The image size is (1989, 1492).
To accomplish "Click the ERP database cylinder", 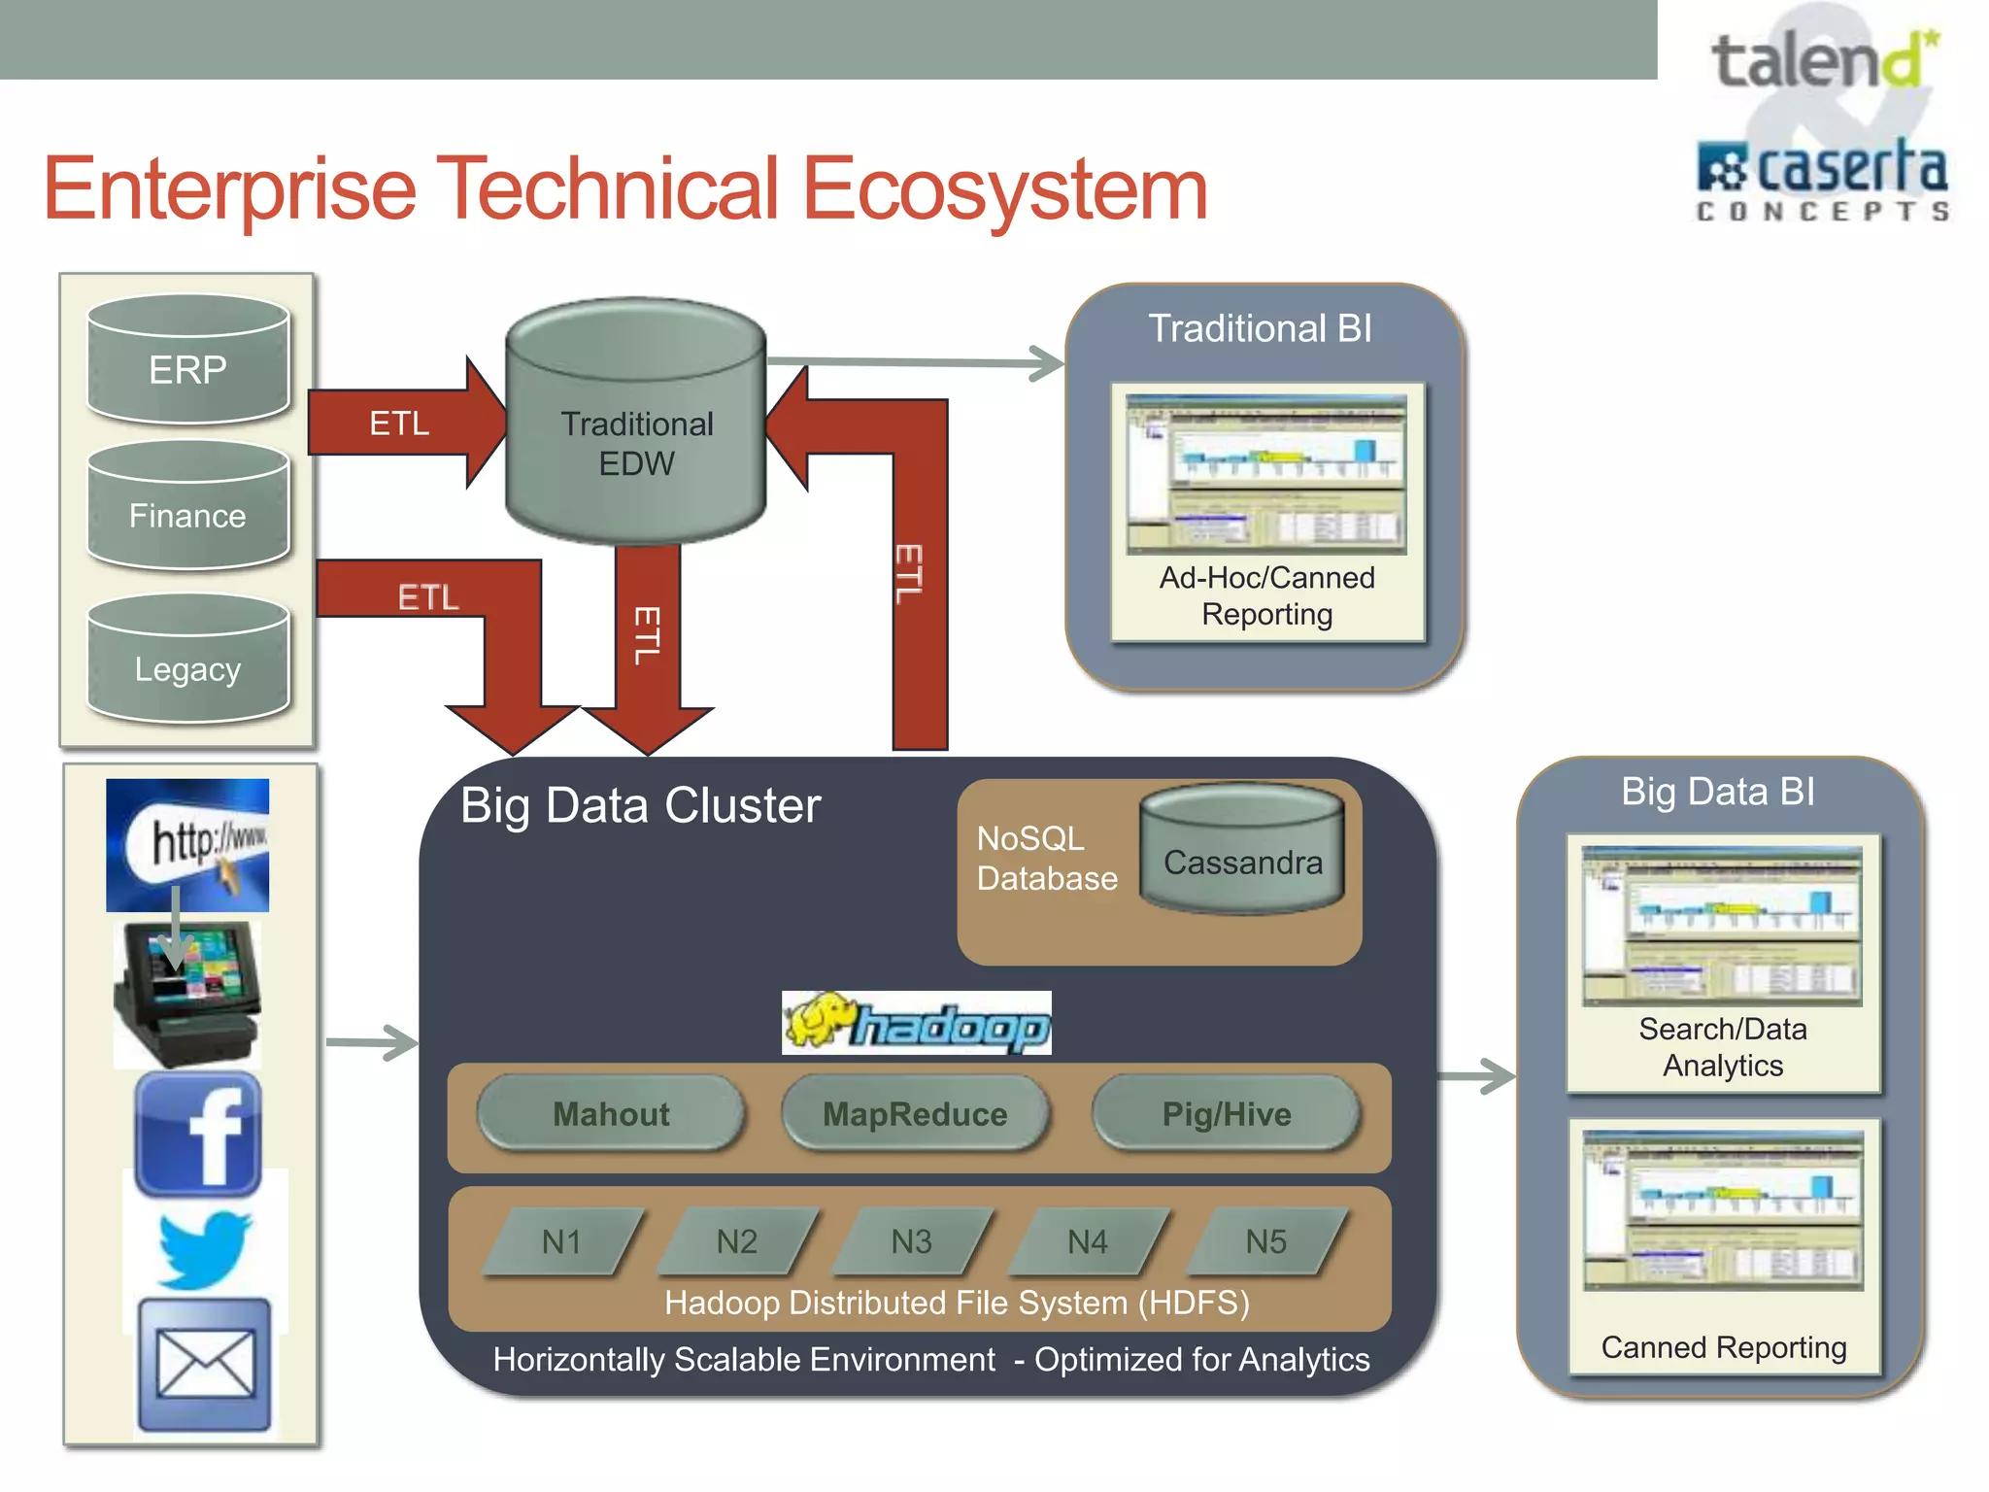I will [187, 361].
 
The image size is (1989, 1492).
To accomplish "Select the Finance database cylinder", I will [187, 507].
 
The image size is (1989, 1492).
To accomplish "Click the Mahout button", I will [611, 1113].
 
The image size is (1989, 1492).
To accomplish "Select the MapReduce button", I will [915, 1113].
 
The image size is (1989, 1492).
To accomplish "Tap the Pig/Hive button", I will [1226, 1113].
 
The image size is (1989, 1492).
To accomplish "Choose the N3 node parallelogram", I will [912, 1240].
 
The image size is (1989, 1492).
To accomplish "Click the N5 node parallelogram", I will [1265, 1240].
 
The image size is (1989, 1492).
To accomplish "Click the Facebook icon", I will [198, 1134].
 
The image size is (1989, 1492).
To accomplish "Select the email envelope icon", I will [204, 1365].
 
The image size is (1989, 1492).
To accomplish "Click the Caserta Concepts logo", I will [1822, 180].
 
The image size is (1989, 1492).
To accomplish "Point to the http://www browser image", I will [187, 843].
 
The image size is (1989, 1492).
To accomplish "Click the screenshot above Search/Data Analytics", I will [1722, 925].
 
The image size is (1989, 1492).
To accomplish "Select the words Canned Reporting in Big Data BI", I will [1723, 1347].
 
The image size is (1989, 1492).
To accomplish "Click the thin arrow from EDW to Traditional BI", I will [913, 362].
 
